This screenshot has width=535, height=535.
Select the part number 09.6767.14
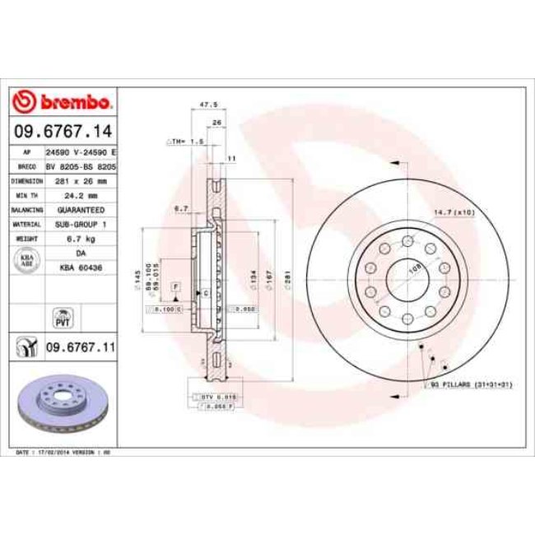coord(63,131)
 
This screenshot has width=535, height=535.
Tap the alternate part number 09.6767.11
coord(79,347)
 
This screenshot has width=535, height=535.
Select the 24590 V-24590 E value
coord(81,153)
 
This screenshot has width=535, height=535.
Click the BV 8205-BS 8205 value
coord(81,166)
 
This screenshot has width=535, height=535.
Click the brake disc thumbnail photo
coord(63,403)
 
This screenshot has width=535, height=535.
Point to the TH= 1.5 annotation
coord(187,142)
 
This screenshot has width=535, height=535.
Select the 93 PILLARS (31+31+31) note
coord(472,385)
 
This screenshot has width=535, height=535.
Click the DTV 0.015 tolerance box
coord(219,397)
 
